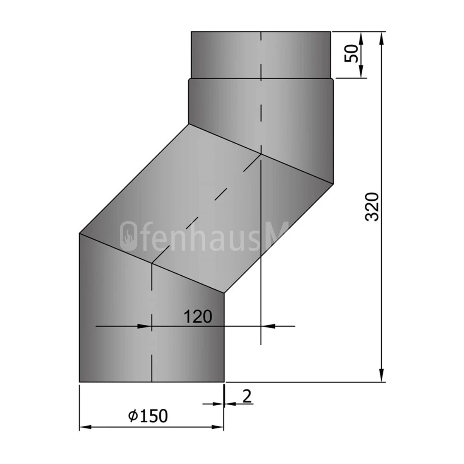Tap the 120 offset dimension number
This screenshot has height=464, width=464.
pyautogui.click(x=198, y=317)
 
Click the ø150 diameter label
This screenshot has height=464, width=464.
pyautogui.click(x=148, y=416)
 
